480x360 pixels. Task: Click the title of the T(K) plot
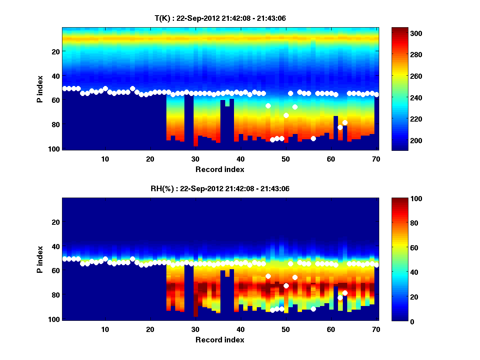pos(220,18)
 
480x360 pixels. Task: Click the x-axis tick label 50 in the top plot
pos(286,159)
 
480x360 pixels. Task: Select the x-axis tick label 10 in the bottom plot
pos(105,329)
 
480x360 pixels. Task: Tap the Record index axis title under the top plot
pos(220,170)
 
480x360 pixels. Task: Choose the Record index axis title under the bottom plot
pos(220,340)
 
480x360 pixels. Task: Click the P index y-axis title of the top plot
pos(40,89)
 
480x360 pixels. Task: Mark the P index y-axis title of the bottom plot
pos(40,260)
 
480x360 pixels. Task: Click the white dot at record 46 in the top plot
pos(268,106)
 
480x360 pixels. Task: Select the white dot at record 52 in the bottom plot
pos(295,277)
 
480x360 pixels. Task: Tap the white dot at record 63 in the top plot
pos(345,122)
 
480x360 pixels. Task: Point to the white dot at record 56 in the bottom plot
pos(313,309)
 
